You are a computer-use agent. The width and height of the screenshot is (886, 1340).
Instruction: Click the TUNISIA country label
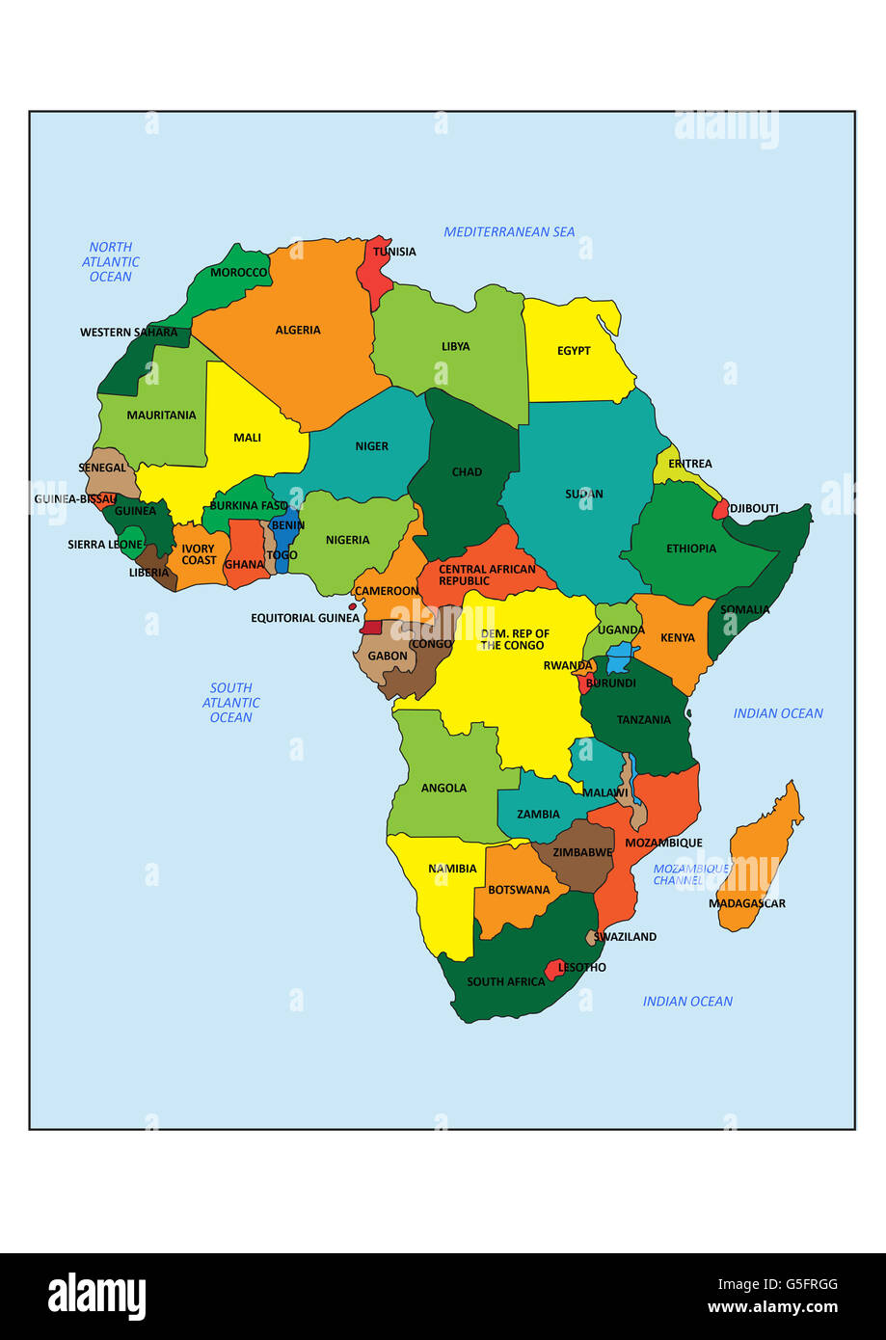(x=394, y=252)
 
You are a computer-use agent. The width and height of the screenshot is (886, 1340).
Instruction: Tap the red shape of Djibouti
(x=720, y=510)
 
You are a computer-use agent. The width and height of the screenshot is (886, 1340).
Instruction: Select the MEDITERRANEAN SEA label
(x=509, y=231)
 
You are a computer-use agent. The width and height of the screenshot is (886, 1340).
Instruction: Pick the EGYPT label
(x=574, y=351)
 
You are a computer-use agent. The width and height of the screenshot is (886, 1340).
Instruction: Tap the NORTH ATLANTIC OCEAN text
(x=111, y=262)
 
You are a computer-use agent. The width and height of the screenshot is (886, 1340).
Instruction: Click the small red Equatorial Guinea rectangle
(x=371, y=627)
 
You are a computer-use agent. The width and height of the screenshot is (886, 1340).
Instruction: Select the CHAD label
(x=467, y=472)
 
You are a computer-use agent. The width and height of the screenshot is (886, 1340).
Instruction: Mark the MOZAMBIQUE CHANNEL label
(x=690, y=874)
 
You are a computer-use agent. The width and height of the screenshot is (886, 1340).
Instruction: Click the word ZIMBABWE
(x=582, y=853)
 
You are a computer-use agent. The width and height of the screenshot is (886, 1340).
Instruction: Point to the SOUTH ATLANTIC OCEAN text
(x=231, y=703)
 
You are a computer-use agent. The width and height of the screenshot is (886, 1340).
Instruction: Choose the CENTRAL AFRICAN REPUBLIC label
(x=487, y=576)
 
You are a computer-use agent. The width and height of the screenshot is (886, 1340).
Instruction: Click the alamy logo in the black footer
(x=97, y=1297)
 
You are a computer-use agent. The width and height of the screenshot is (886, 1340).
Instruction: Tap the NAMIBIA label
(x=452, y=869)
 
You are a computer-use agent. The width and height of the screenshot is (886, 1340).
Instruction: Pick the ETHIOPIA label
(x=691, y=549)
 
